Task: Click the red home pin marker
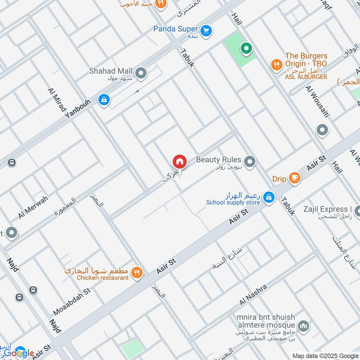179,162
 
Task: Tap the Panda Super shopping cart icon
206,30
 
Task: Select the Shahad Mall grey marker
141,72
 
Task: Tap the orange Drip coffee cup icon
294,177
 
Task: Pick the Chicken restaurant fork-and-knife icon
138,272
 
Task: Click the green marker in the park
246,48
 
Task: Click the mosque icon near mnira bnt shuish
304,325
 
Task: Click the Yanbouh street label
77,109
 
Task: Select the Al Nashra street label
253,294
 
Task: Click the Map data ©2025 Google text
324,355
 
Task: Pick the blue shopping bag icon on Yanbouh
104,100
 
